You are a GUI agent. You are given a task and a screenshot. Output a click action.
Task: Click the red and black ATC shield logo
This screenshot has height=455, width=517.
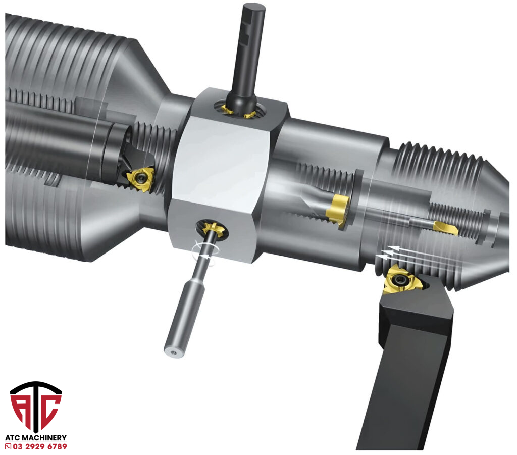pos(36,407)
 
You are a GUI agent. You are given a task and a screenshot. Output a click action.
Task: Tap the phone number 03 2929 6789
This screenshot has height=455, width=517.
pos(40,446)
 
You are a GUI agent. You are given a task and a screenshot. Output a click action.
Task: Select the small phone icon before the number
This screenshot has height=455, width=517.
pos(8,447)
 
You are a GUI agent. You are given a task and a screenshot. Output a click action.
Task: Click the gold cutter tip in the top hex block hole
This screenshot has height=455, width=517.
pos(238,112)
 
